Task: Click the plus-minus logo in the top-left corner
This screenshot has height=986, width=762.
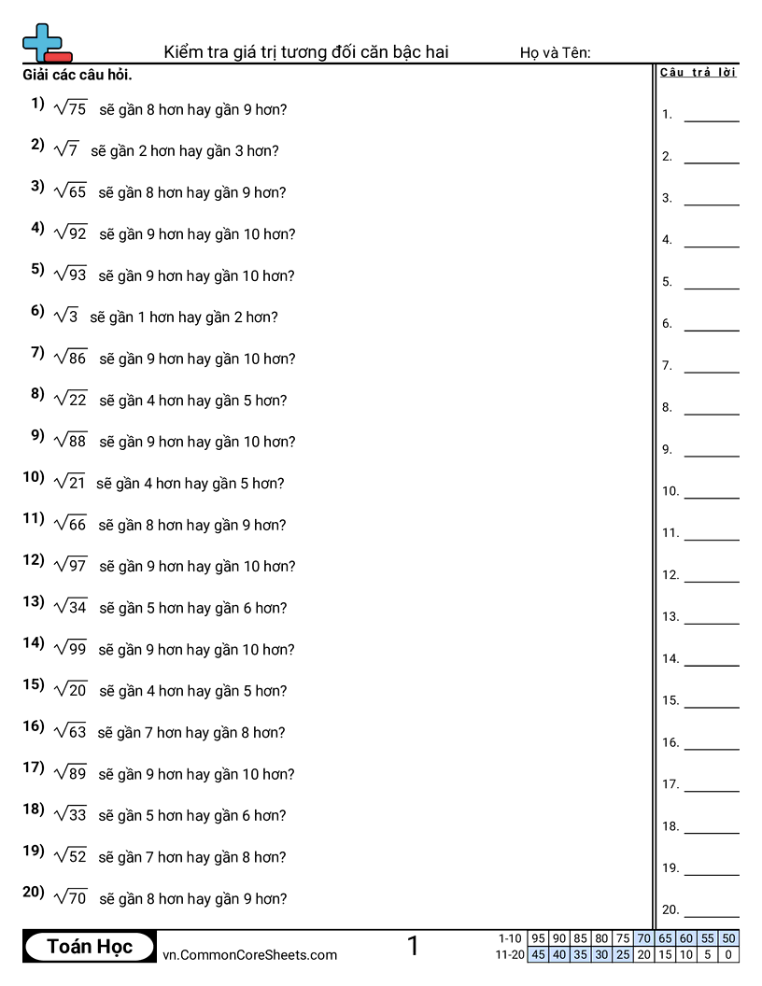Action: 46,43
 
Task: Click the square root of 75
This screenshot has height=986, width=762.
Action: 70,108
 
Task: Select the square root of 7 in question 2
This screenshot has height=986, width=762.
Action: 66,149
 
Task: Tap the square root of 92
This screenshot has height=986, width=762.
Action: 71,233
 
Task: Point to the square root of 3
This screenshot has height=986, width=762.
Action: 66,316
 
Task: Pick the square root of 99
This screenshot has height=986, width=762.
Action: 71,649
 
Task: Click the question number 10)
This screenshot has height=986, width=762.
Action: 34,477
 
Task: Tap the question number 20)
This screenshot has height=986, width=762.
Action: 34,893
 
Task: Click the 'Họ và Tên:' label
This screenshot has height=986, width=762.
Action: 555,53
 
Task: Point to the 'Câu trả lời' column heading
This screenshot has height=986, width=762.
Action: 698,73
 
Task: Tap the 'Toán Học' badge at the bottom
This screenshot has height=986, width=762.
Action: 90,947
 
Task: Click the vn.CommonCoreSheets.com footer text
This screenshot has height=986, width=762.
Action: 249,955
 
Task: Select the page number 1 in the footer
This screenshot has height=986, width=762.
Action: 413,947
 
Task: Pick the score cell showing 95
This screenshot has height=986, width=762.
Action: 538,938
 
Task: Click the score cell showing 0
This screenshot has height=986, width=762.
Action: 729,954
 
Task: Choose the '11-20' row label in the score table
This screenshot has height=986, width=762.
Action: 510,954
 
